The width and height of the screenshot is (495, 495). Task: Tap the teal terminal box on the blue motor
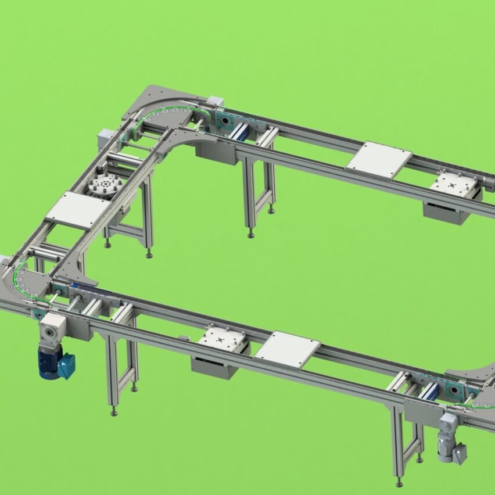pyautogui.click(x=66, y=366)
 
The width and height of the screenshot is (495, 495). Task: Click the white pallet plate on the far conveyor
pyautogui.click(x=379, y=160)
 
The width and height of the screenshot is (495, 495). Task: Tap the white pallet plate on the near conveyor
pyautogui.click(x=287, y=349)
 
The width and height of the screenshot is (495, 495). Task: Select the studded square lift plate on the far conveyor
pyautogui.click(x=455, y=184)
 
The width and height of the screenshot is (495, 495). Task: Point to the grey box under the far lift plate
pyautogui.click(x=447, y=211)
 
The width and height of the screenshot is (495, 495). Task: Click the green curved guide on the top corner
pyautogui.click(x=157, y=114)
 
